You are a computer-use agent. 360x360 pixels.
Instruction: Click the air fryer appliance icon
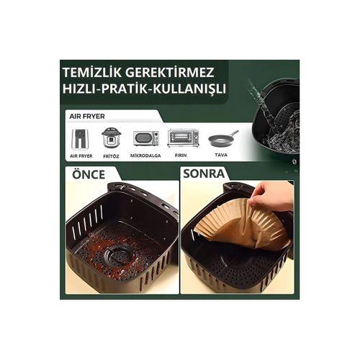pyautogui.click(x=80, y=138)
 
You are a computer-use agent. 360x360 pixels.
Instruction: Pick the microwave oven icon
pyautogui.click(x=145, y=138)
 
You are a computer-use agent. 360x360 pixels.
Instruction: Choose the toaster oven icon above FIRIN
pyautogui.click(x=183, y=138)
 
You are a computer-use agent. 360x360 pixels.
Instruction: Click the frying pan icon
pyautogui.click(x=222, y=138)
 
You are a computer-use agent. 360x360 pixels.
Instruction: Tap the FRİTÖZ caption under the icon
pyautogui.click(x=111, y=155)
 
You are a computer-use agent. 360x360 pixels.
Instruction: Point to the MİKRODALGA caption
pyautogui.click(x=145, y=155)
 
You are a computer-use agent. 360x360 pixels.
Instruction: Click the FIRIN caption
pyautogui.click(x=183, y=155)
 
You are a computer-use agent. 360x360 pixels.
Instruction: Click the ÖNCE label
pyautogui.click(x=89, y=174)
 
